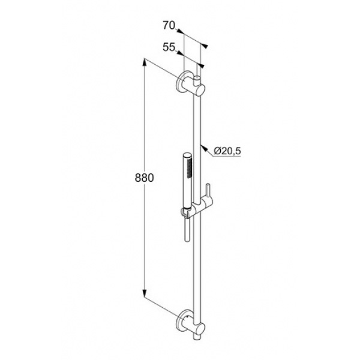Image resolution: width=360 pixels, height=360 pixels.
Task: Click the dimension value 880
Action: click(144, 178)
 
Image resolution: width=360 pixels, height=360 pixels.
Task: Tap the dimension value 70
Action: click(169, 25)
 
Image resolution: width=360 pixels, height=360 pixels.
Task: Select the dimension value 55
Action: click(169, 47)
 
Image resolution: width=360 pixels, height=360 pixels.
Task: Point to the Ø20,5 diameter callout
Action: click(227, 151)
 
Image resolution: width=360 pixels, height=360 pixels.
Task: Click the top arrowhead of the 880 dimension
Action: click(145, 62)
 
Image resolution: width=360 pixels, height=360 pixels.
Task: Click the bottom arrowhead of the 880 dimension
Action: click(145, 293)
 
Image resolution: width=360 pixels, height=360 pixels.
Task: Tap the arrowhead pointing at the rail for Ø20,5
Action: click(203, 147)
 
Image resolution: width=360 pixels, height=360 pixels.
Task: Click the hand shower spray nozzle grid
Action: click(190, 169)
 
